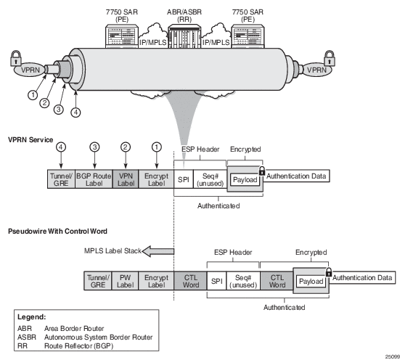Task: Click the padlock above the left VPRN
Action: [x=16, y=58]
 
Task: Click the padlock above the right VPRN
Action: [x=330, y=58]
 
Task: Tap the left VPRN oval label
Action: [x=30, y=70]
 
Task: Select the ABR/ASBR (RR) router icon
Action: [x=184, y=36]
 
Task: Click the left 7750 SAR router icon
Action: [x=122, y=36]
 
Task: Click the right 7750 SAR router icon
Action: [x=248, y=36]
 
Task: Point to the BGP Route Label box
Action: [x=94, y=179]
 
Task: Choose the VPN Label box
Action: [x=126, y=179]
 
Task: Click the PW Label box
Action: [x=125, y=281]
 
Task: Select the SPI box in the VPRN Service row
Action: [x=184, y=179]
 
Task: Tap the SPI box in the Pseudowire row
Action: [x=216, y=281]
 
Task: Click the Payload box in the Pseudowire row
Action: [x=311, y=281]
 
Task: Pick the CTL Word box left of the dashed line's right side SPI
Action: [x=190, y=281]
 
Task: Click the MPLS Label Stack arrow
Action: [x=158, y=251]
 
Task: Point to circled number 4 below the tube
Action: [x=75, y=112]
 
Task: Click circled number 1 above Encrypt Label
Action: [x=157, y=147]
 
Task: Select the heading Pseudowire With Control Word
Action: [x=57, y=231]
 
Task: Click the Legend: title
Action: [x=32, y=317]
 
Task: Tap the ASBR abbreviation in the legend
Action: [x=27, y=337]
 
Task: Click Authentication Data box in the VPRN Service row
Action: [x=296, y=176]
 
